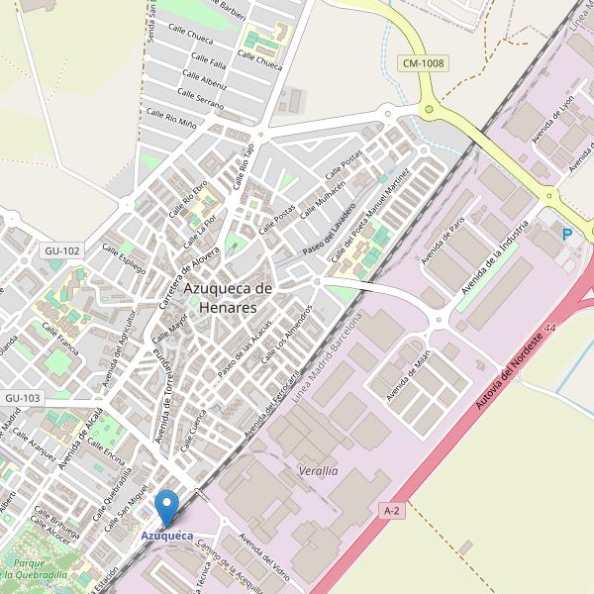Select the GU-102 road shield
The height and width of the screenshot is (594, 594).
point(62,250)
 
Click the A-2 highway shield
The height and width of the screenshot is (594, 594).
point(392,510)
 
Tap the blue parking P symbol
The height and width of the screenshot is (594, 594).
point(567,235)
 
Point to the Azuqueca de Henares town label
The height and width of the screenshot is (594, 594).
point(228,297)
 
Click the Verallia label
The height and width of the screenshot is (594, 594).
point(318,471)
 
